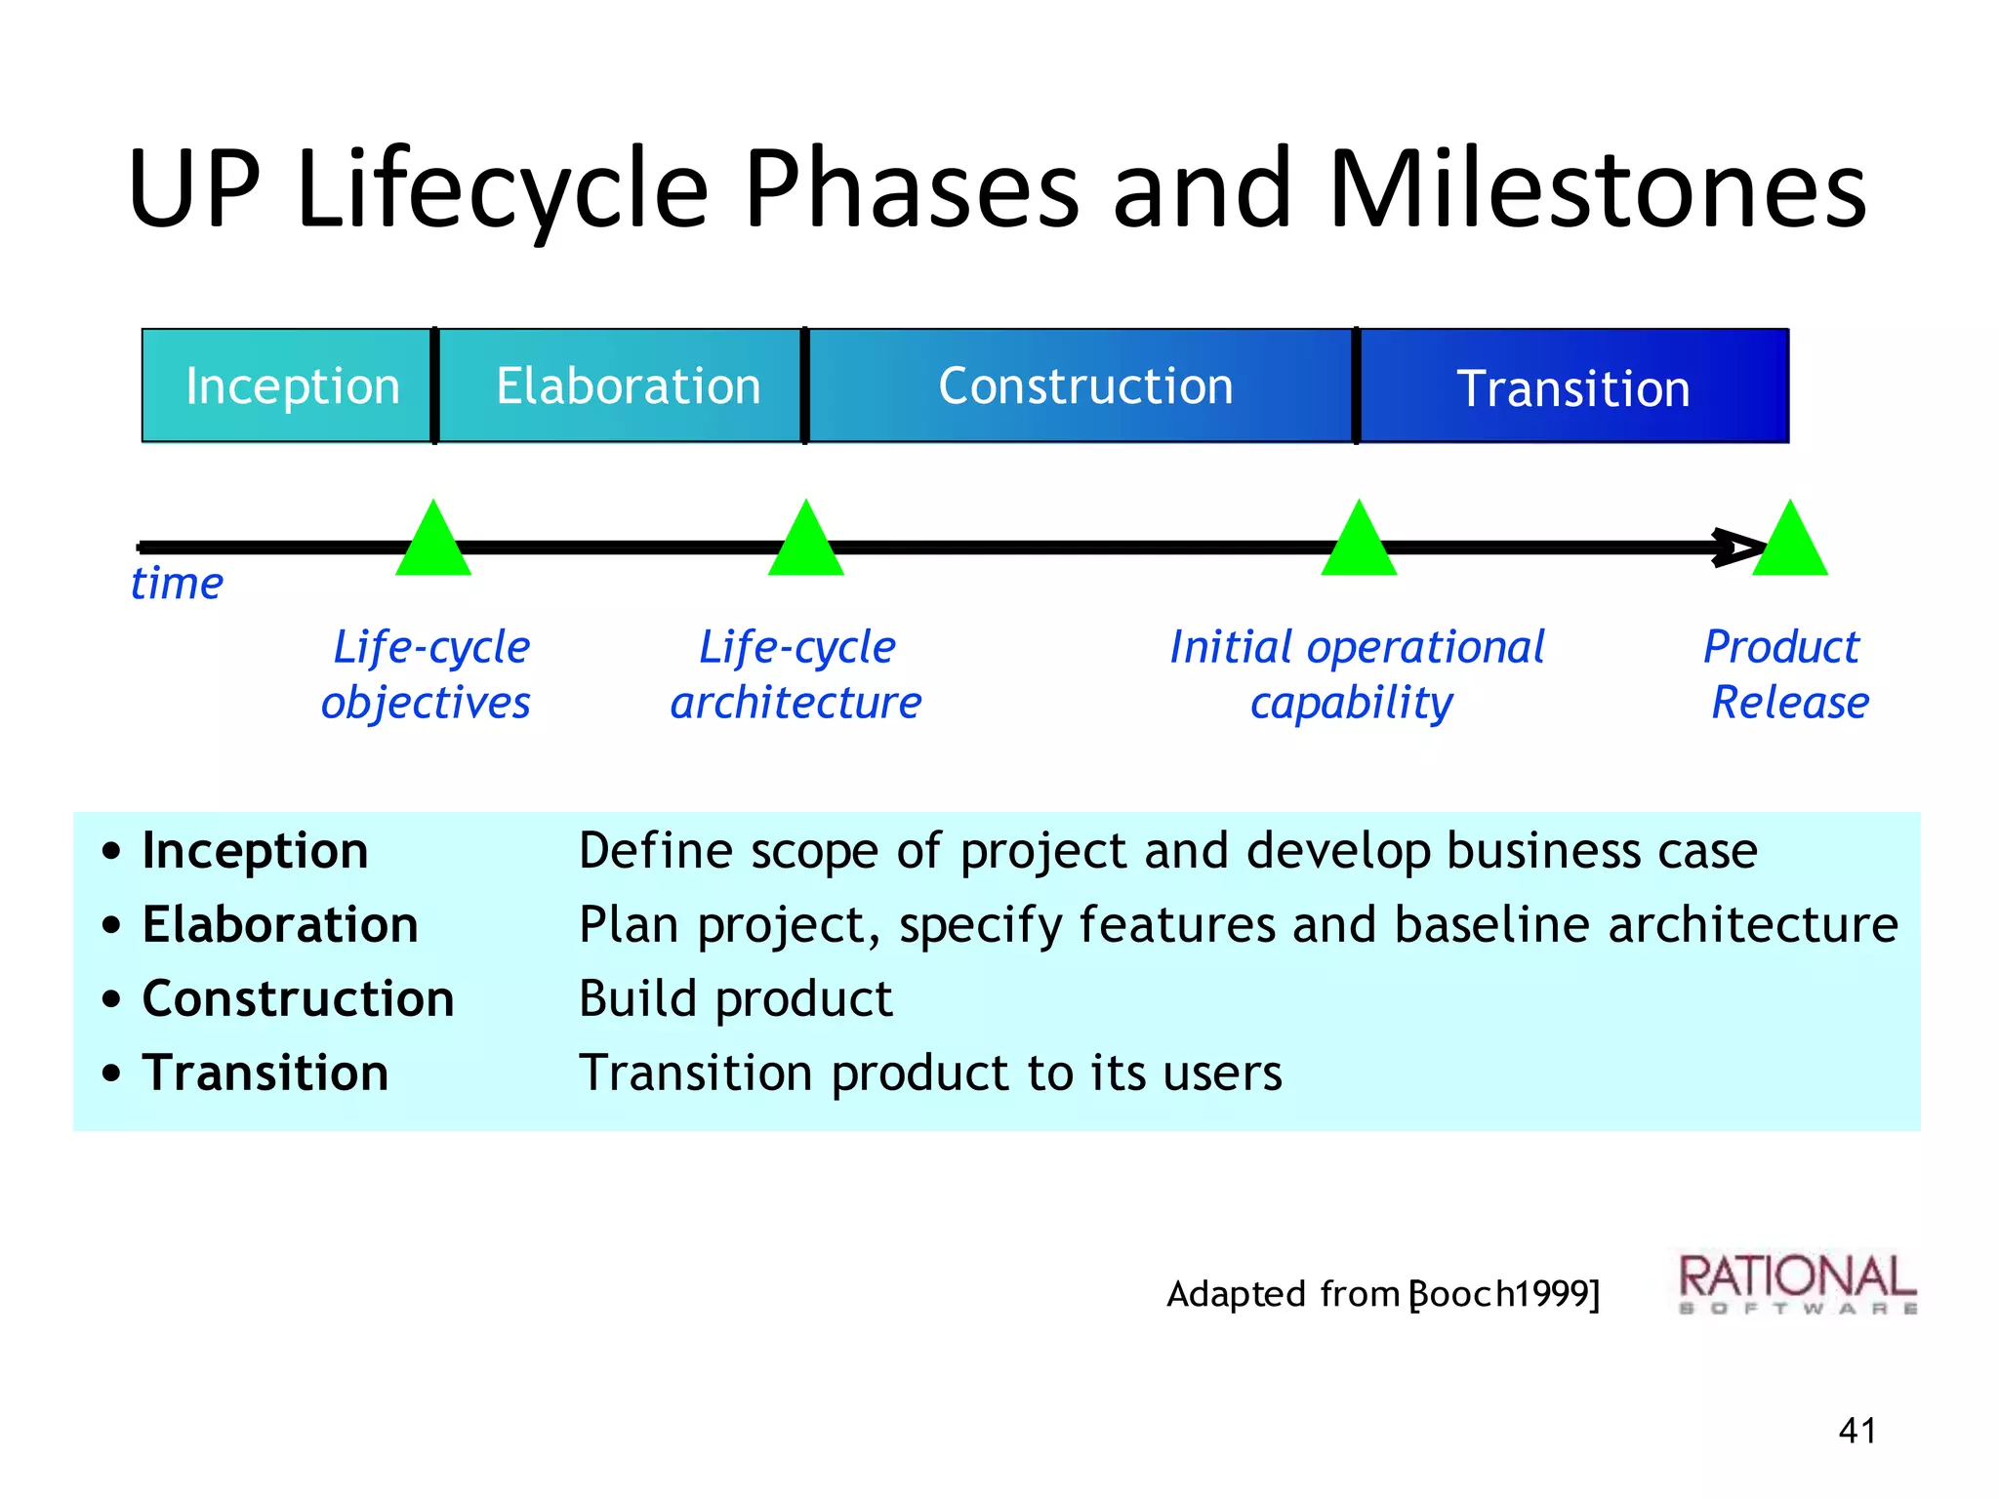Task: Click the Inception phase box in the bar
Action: pyautogui.click(x=288, y=386)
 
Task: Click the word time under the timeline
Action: pyautogui.click(x=177, y=584)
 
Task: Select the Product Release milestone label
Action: pyautogui.click(x=1786, y=674)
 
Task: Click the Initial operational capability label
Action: pyautogui.click(x=1357, y=674)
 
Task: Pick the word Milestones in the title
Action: pyautogui.click(x=1597, y=189)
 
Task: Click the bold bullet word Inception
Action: pyautogui.click(x=255, y=851)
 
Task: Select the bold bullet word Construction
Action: pyautogui.click(x=298, y=999)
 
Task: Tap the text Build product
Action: pyautogui.click(x=735, y=999)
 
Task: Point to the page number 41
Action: pyautogui.click(x=1856, y=1431)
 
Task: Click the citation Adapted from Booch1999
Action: pyautogui.click(x=1382, y=1294)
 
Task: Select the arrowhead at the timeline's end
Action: pyautogui.click(x=1739, y=547)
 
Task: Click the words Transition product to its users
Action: pyautogui.click(x=929, y=1074)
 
